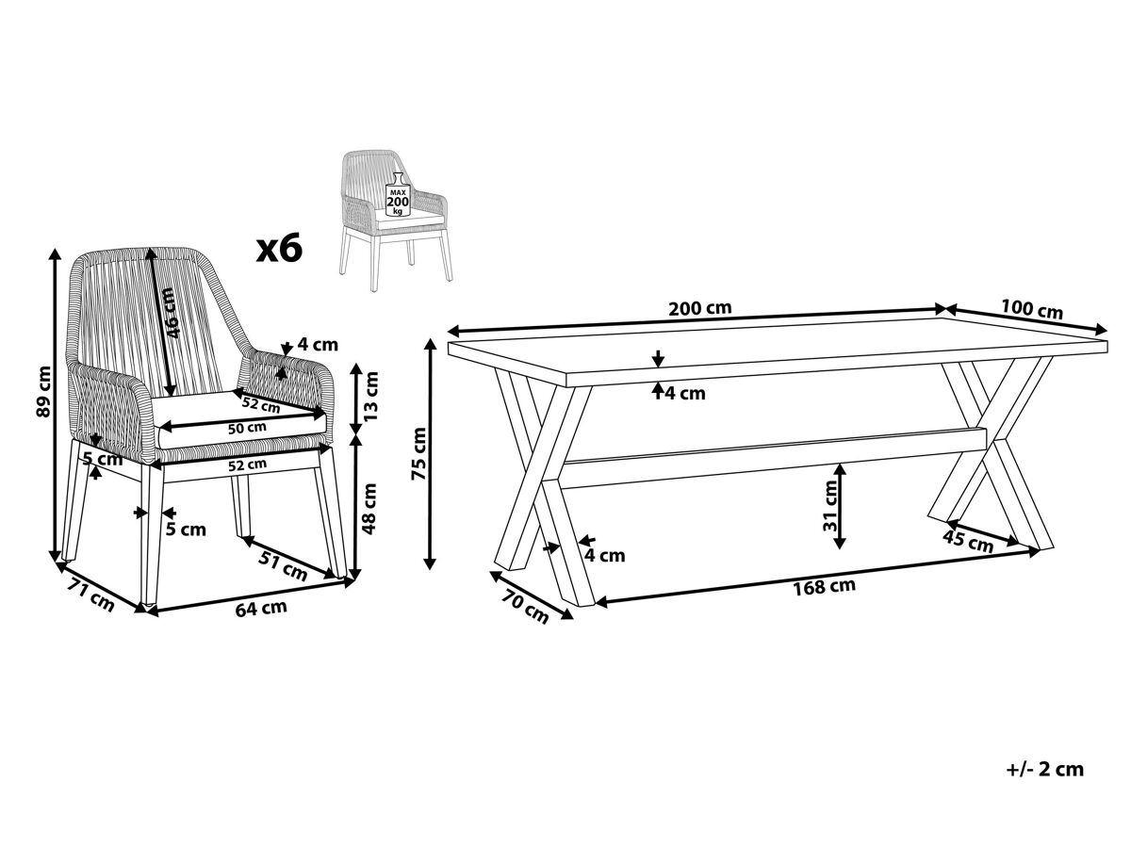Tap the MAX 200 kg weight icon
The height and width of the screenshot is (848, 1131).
tap(398, 195)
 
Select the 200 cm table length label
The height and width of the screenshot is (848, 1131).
tap(699, 308)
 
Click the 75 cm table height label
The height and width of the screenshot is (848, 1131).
tap(418, 453)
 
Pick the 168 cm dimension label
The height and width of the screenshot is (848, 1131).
tap(825, 587)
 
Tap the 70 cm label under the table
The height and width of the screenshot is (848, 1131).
tap(525, 608)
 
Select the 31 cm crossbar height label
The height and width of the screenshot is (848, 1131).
tap(830, 506)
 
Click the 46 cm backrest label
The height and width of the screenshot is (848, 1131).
tap(171, 313)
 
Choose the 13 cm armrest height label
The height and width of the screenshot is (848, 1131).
tap(370, 396)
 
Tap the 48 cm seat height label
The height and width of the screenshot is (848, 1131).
tap(369, 509)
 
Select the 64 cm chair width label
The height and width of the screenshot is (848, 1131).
tap(261, 608)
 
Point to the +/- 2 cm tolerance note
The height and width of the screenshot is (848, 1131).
tap(1045, 783)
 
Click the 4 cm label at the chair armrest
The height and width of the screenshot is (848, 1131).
tap(319, 344)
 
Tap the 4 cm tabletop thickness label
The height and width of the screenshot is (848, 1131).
tap(686, 393)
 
